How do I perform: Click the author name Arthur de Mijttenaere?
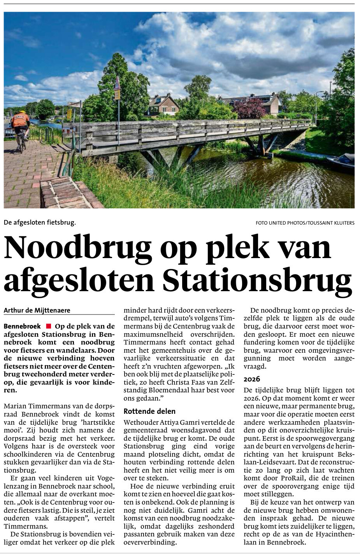coord(37,310)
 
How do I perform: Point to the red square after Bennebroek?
coord(48,326)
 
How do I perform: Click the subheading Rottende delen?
coord(149,411)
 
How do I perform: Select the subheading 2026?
coord(252,379)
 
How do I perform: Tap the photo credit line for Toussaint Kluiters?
coord(305,223)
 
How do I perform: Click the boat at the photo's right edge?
coord(342,162)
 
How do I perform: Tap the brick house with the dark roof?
coord(163,104)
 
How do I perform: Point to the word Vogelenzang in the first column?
coord(98,478)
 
